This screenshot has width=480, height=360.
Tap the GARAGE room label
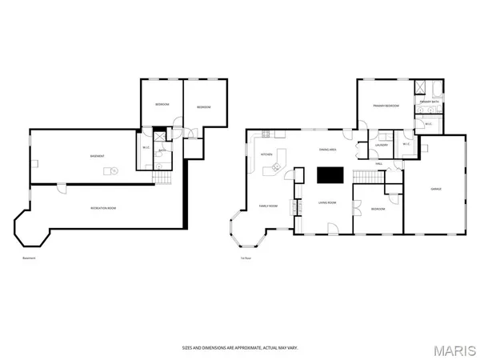pos(436,189)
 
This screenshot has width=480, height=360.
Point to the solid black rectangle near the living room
pos(327,175)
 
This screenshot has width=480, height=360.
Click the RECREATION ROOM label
pos(102,208)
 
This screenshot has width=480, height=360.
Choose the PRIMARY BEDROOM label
pos(384,105)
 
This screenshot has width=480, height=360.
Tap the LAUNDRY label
pos(382,145)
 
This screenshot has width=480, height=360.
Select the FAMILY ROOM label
pos(267,206)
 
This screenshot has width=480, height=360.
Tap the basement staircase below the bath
pos(163,178)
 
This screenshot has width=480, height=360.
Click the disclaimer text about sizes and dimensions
pos(240,348)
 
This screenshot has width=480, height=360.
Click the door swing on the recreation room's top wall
pos(60,189)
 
